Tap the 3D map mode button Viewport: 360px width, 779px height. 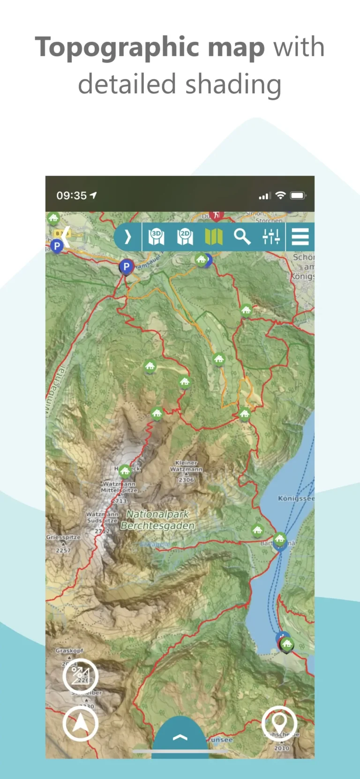click(156, 237)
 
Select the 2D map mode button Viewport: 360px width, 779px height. click(185, 237)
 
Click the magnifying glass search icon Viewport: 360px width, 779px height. click(242, 237)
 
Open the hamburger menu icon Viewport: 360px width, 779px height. click(300, 237)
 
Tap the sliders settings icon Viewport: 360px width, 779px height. click(271, 237)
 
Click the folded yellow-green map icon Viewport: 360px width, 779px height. click(213, 237)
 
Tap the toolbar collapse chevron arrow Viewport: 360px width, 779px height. click(127, 237)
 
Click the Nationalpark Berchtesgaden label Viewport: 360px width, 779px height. click(157, 520)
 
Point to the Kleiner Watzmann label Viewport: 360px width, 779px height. click(186, 466)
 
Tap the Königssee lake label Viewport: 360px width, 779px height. click(295, 498)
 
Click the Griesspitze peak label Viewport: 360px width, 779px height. click(63, 537)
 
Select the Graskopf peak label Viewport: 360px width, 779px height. click(69, 651)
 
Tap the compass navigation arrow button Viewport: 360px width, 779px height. click(80, 724)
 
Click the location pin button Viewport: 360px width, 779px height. click(279, 724)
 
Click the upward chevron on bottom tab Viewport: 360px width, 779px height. click(180, 737)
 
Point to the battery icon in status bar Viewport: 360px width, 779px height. click(298, 195)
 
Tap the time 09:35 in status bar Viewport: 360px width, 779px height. click(72, 195)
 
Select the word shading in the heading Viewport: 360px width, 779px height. click(233, 84)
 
